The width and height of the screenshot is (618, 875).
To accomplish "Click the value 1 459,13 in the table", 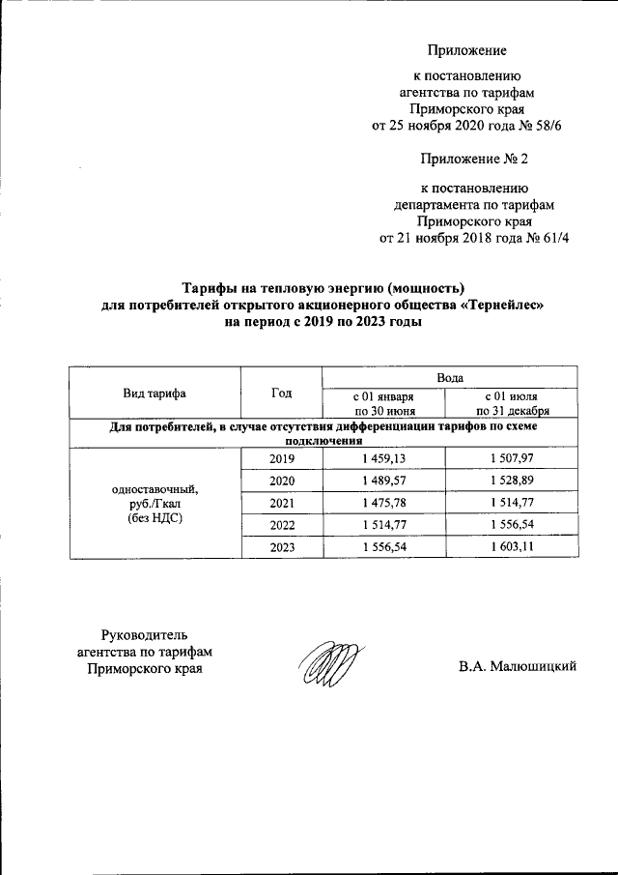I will (x=383, y=459).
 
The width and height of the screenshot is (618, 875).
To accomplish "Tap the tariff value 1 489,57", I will (x=383, y=481).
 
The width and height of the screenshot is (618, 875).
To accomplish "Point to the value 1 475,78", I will (x=383, y=504).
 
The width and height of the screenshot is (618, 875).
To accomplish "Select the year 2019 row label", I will (x=282, y=459).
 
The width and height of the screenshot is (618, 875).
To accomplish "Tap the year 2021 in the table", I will (x=282, y=504).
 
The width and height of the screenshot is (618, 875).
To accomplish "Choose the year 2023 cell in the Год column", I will (x=282, y=548).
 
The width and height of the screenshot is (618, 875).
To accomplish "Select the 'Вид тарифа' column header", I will (x=154, y=393).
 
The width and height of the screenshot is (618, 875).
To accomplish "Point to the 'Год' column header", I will (x=282, y=393).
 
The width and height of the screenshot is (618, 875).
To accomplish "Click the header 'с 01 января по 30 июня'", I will (x=383, y=402).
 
